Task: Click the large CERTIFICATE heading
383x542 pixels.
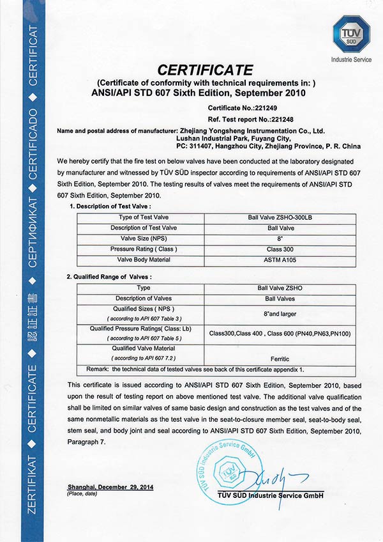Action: (205, 70)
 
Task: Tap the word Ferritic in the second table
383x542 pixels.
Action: (280, 360)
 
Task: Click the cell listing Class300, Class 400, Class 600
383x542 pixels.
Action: (280, 333)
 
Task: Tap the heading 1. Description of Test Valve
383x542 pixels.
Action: (109, 206)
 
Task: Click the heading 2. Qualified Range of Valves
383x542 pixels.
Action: (110, 276)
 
